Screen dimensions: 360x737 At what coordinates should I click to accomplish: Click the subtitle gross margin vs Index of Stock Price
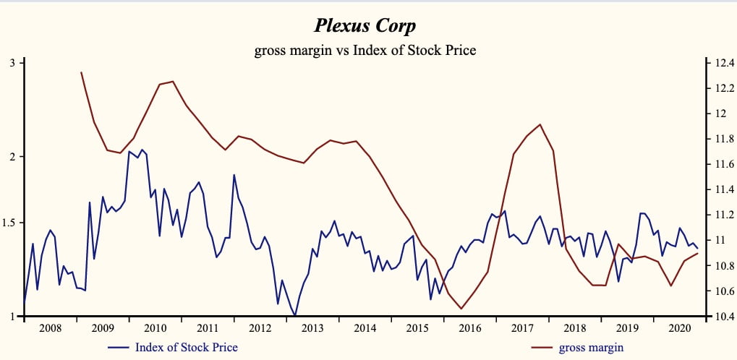pos(365,51)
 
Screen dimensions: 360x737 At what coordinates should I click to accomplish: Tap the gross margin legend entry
pos(591,347)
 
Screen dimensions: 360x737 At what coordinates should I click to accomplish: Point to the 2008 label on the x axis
pos(50,328)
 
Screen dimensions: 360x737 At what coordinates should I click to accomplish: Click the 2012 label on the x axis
pos(260,328)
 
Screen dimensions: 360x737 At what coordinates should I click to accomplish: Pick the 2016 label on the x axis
pos(470,328)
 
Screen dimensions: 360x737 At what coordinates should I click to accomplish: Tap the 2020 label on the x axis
pos(680,328)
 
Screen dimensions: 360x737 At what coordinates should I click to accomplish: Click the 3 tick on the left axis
pos(12,63)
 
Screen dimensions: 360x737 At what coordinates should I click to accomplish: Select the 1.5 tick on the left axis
pos(9,223)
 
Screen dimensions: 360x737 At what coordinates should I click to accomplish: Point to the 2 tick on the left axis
pos(12,157)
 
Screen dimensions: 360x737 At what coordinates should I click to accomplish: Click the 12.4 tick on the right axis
pos(723,63)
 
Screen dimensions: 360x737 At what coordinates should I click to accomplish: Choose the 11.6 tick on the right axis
pos(723,164)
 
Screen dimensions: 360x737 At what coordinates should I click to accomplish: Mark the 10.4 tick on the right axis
pos(723,317)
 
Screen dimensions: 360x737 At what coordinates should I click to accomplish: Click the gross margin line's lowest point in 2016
pos(461,309)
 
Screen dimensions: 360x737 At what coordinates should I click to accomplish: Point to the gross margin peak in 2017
pos(540,124)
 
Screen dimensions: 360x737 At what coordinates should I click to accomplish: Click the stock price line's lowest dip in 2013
pos(295,315)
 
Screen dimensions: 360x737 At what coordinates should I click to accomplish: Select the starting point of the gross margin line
pos(81,72)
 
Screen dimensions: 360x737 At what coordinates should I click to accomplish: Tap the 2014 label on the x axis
pos(365,328)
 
